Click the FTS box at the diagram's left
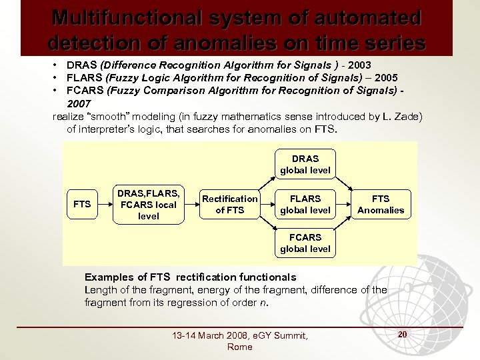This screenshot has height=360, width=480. click(82, 204)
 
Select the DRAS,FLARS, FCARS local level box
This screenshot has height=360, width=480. click(148, 204)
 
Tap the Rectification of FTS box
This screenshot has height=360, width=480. click(230, 204)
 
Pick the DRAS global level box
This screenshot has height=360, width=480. click(305, 165)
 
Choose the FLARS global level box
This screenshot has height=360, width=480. click(305, 204)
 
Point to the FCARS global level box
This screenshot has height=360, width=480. click(305, 243)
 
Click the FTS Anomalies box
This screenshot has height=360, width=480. click(381, 204)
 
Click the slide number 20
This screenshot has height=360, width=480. click(403, 333)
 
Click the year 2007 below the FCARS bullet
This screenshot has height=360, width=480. click(79, 105)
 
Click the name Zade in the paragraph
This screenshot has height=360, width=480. click(408, 117)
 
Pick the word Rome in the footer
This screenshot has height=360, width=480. click(240, 347)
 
